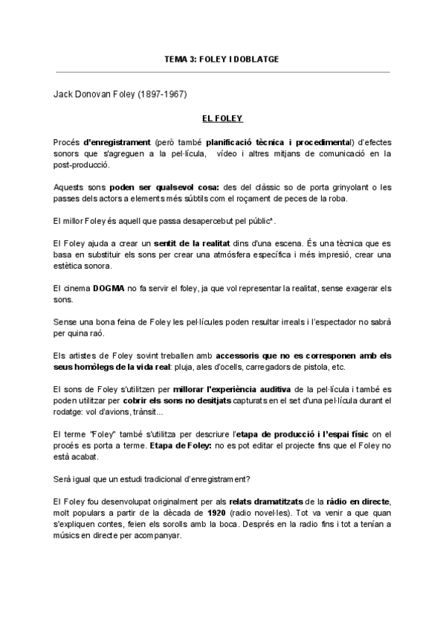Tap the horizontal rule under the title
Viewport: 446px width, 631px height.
click(223, 72)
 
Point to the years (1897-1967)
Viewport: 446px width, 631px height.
click(161, 95)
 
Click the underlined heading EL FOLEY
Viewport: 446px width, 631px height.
click(223, 118)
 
